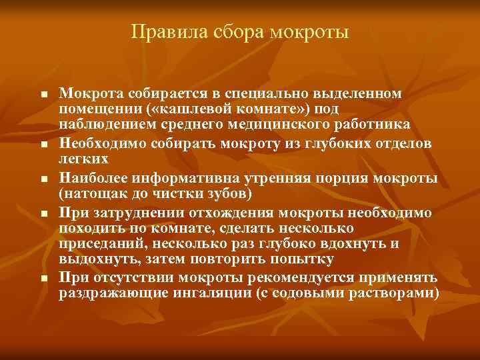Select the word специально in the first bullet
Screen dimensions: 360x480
(255, 94)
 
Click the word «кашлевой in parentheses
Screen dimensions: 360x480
(186, 109)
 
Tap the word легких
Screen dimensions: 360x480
(83, 160)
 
